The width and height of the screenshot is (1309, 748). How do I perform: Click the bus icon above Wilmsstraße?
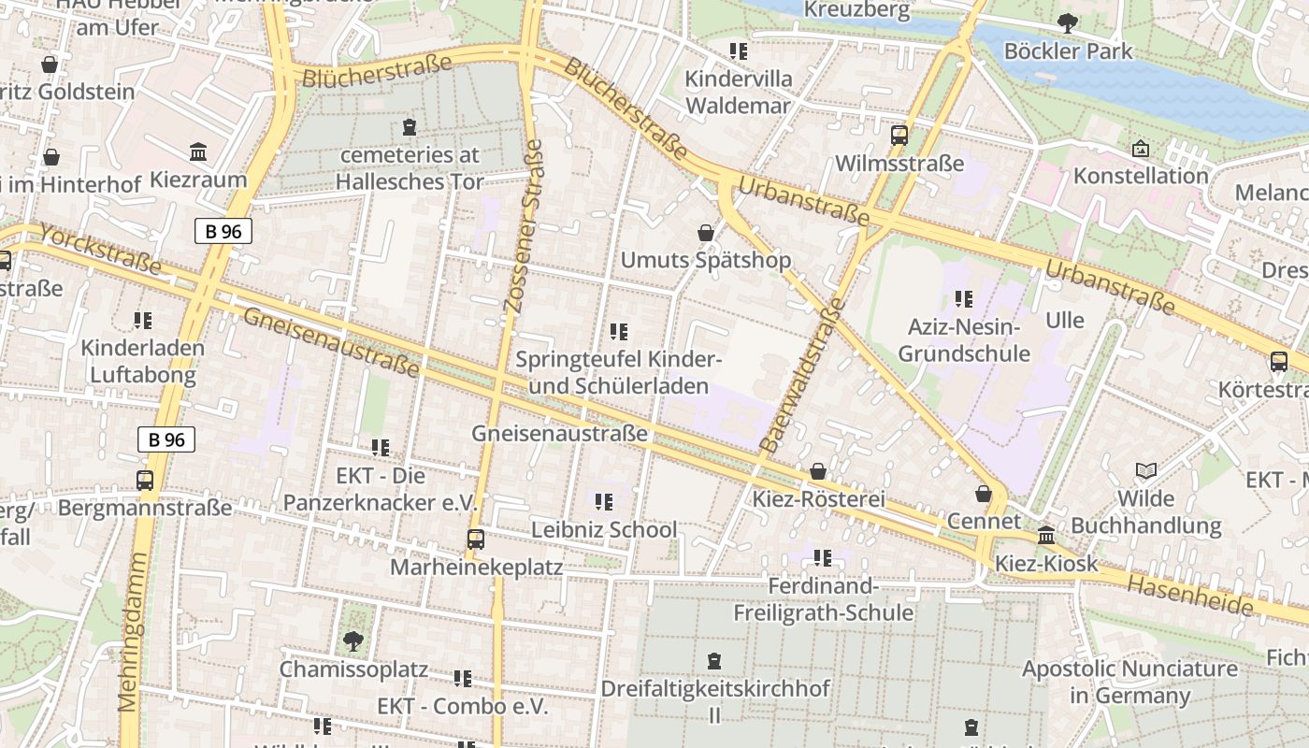coord(899,136)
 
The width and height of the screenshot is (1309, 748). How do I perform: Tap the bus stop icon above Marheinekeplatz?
coord(476,539)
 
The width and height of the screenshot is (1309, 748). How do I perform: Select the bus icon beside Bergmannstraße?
coord(145,481)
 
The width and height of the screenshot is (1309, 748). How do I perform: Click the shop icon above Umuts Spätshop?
coord(706,233)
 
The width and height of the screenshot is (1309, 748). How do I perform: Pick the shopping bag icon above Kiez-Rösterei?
coord(818,471)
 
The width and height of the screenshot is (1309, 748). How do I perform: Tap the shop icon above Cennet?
coord(983,493)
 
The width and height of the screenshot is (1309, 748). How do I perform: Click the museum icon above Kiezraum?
coord(198,151)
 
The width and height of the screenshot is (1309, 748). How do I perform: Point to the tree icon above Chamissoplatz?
coord(352,641)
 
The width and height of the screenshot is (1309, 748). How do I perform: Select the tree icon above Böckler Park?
coord(1067,23)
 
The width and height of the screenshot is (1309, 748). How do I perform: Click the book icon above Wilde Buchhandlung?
coord(1145,470)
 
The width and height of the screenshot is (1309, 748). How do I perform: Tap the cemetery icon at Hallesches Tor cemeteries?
coord(409,126)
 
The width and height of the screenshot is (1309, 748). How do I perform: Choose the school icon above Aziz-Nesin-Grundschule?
coord(964,299)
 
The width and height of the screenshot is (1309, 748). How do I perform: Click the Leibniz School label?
coord(604,529)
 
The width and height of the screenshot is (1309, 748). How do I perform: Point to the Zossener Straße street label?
coord(523,226)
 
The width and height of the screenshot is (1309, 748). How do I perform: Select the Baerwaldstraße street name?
coord(802,376)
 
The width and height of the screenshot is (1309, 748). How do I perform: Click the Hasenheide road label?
coord(1189,596)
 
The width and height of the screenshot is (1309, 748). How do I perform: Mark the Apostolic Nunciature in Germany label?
coord(1129,682)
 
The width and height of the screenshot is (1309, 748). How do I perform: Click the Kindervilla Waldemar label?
coord(739,92)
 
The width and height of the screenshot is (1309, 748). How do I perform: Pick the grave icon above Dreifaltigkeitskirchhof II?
coord(714,661)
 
